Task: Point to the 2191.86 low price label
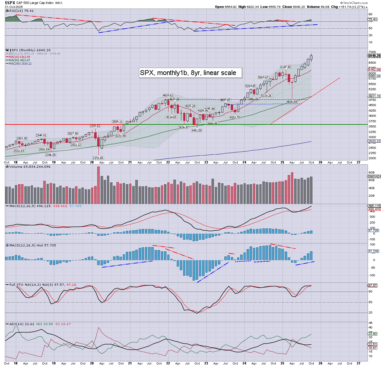click(x=98, y=158)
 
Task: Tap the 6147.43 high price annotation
click(x=286, y=67)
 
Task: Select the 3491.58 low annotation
click(x=196, y=130)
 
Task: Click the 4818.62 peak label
click(x=168, y=95)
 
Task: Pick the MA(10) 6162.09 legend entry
click(x=19, y=57)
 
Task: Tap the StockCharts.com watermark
click(x=355, y=3)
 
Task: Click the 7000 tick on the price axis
click(x=372, y=52)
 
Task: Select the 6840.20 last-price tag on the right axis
click(x=374, y=56)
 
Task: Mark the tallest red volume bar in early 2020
click(x=98, y=185)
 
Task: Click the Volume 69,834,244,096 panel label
click(x=30, y=167)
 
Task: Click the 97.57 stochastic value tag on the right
click(x=373, y=285)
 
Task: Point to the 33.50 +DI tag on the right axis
click(x=373, y=334)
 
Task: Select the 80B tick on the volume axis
click(x=371, y=173)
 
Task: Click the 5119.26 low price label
click(x=266, y=96)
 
